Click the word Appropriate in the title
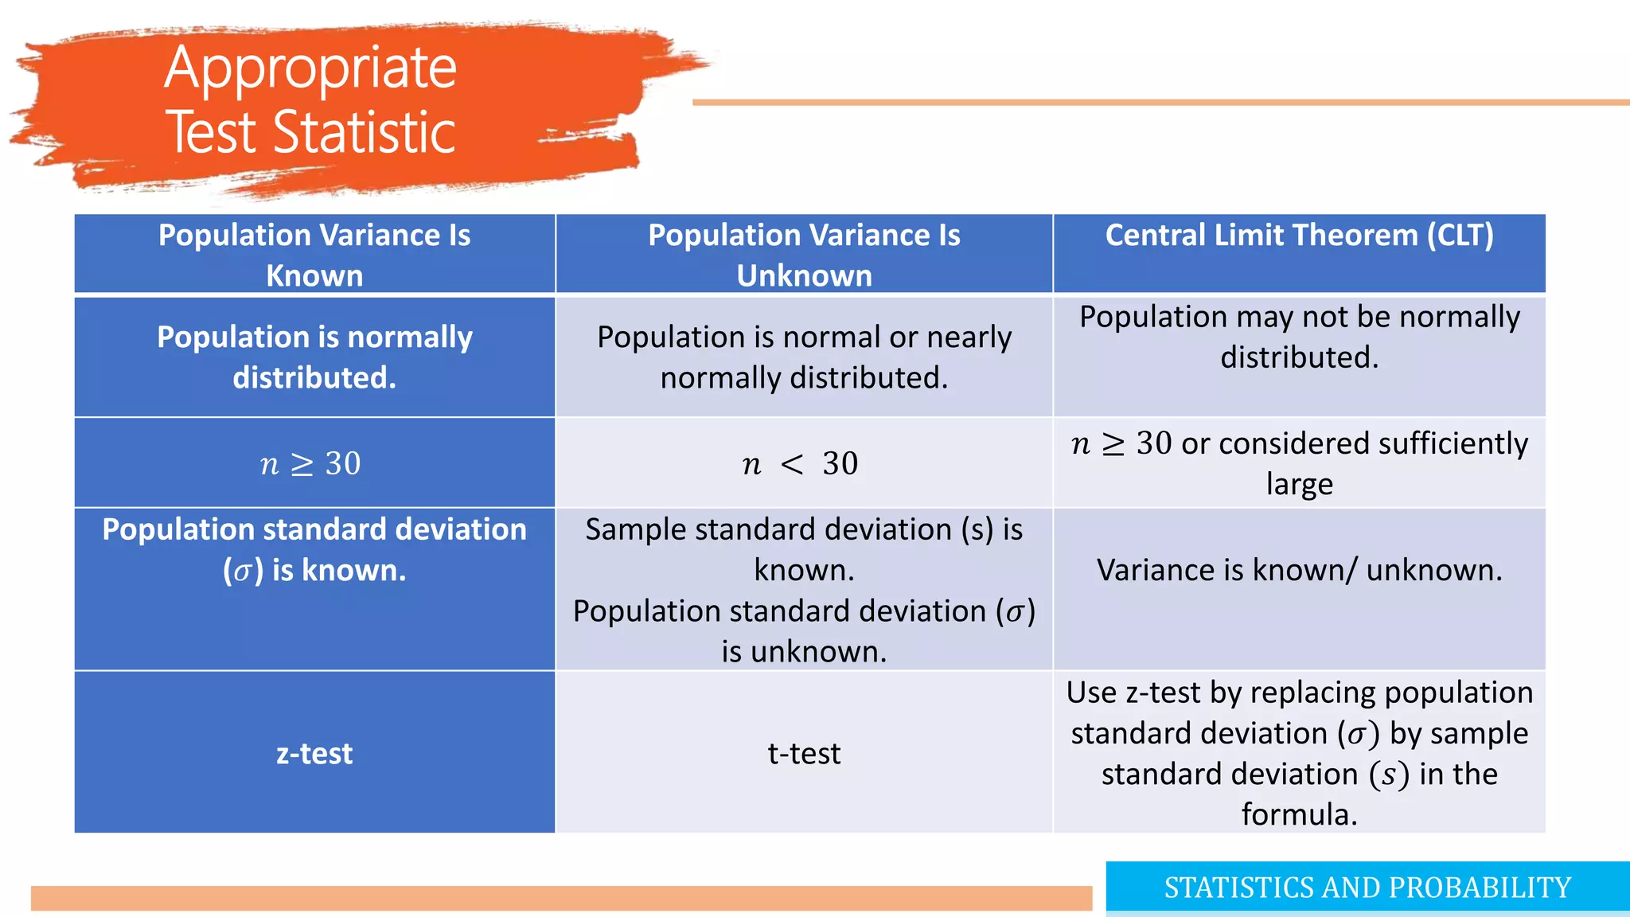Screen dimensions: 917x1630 [310, 68]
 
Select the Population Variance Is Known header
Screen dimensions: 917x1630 [314, 255]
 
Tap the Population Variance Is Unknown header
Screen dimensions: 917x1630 [804, 255]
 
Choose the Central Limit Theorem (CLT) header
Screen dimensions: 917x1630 [1299, 236]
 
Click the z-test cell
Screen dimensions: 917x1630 [314, 753]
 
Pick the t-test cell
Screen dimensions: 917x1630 [804, 753]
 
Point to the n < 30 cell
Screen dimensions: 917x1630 [800, 463]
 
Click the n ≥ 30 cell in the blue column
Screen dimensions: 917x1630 [310, 463]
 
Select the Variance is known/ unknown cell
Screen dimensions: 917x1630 [1299, 570]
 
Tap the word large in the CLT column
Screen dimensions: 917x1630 [1299, 484]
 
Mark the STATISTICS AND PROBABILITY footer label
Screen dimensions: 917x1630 [1367, 888]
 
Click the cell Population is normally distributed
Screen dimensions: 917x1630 [314, 357]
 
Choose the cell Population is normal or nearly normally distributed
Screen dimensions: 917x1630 [804, 357]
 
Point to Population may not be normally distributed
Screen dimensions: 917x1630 [1299, 338]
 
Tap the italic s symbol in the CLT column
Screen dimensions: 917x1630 [1389, 775]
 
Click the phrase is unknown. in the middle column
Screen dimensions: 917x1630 [804, 652]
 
